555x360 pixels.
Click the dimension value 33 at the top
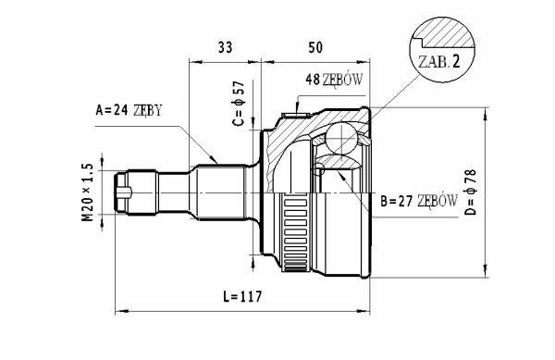coord(225,47)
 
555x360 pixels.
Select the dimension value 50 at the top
coord(315,47)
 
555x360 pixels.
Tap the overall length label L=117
coord(243,296)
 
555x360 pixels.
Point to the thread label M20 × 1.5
coord(88,192)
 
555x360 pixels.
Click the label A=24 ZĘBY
coord(129,110)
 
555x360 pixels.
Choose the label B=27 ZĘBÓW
coord(419,202)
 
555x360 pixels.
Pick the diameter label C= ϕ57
coord(239,104)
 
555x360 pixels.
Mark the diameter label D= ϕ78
coord(471,192)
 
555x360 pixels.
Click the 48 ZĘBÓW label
coord(334,80)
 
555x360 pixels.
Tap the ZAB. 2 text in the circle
coord(438,62)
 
